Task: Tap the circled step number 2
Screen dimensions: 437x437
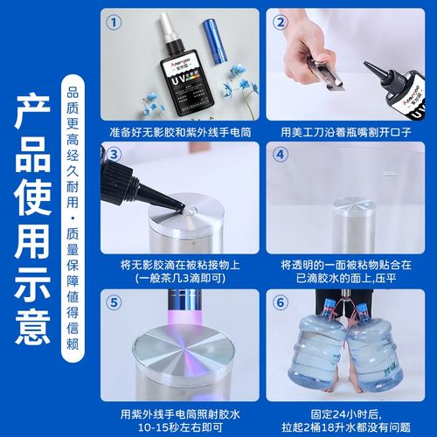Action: tap(282, 21)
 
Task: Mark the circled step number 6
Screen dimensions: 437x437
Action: tap(282, 303)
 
